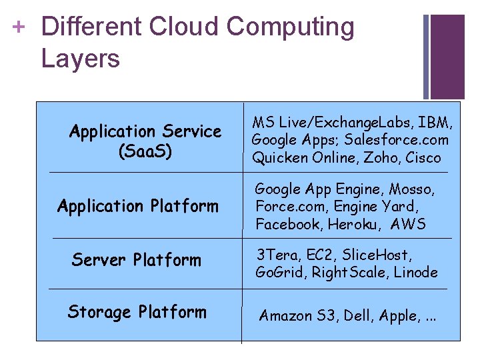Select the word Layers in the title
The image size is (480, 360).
click(x=80, y=59)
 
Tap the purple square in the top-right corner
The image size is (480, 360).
click(x=447, y=57)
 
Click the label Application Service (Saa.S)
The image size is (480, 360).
click(x=145, y=141)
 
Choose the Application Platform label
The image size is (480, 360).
click(x=138, y=206)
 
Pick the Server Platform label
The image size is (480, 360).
click(x=136, y=259)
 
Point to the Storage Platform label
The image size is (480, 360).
click(x=137, y=311)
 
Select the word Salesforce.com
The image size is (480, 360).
click(x=408, y=140)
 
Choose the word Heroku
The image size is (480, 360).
click(x=367, y=224)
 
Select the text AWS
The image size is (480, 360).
click(x=409, y=224)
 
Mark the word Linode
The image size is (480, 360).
click(x=415, y=272)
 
